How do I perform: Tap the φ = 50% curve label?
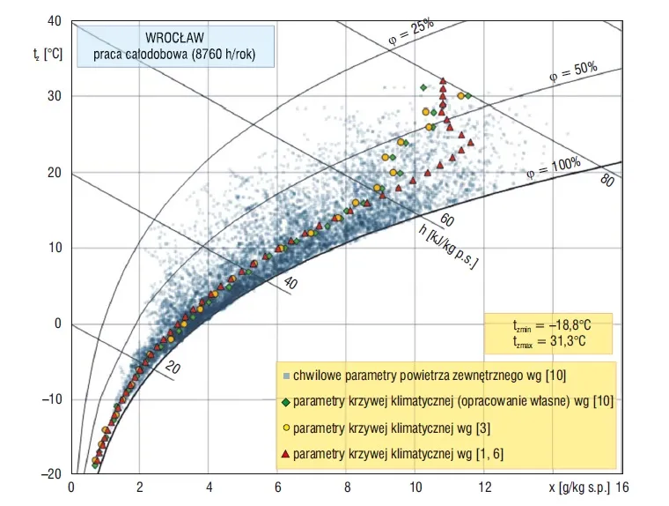click(573, 71)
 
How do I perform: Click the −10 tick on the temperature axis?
click(51, 399)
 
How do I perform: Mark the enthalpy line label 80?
click(607, 182)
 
